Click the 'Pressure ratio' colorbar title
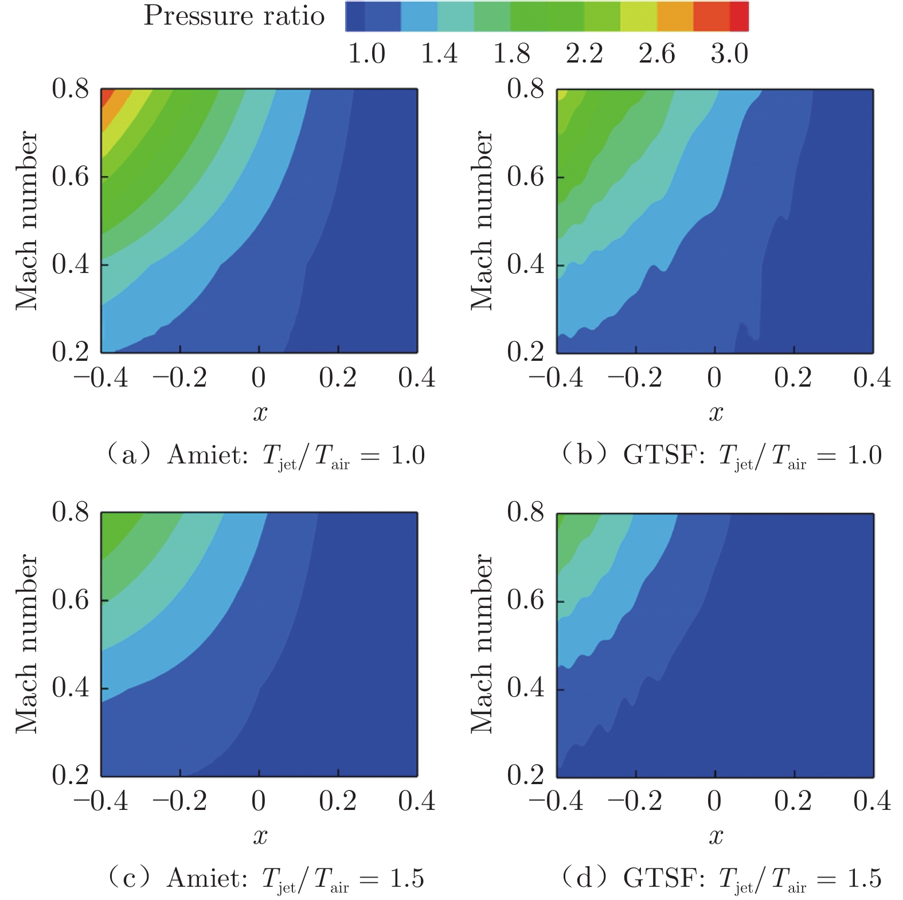point(234,16)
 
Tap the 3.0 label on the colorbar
point(729,54)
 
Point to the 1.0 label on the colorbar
point(366,54)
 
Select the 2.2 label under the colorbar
point(584,54)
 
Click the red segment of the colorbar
point(738,16)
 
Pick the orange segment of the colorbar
point(675,16)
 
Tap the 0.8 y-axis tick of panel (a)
point(70,89)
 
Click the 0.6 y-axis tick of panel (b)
point(525,177)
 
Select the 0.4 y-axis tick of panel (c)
point(70,688)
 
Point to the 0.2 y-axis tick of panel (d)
point(525,775)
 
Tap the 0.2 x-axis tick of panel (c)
point(338,802)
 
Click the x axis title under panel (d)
point(716,836)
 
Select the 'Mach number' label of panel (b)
point(482,221)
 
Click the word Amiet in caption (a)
point(208,456)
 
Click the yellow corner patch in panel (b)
point(561,95)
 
